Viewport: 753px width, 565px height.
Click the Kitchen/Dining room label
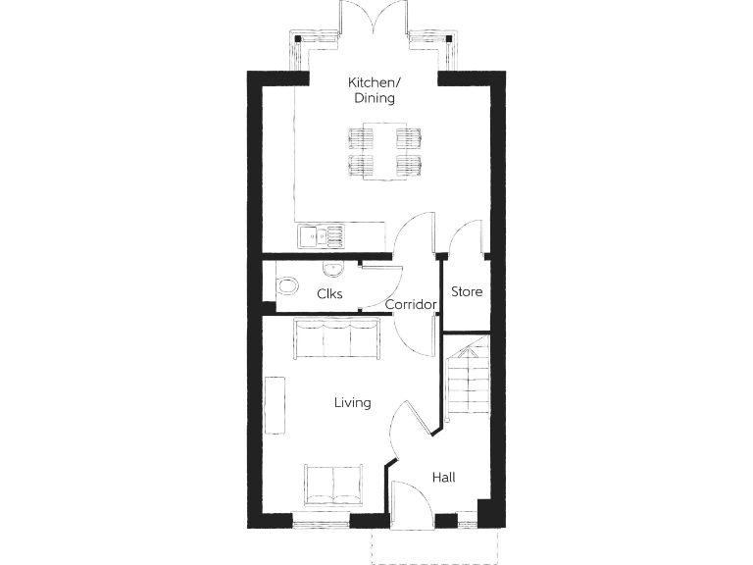[x=373, y=90]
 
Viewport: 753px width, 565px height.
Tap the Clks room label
[x=329, y=293]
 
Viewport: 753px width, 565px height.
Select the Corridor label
[x=410, y=305]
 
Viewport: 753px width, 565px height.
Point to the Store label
[x=467, y=292]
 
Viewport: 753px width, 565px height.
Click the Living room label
[x=352, y=402]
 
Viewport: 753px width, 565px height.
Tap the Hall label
[x=443, y=478]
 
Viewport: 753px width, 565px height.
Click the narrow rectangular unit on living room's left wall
[x=276, y=404]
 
